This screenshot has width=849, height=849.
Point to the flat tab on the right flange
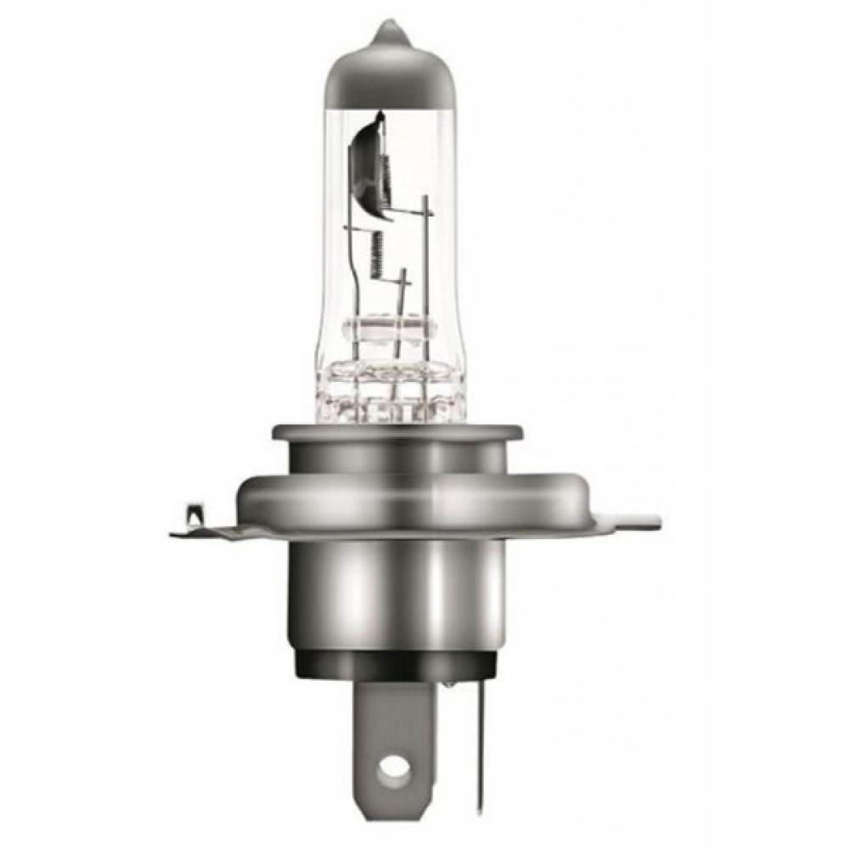(x=633, y=516)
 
